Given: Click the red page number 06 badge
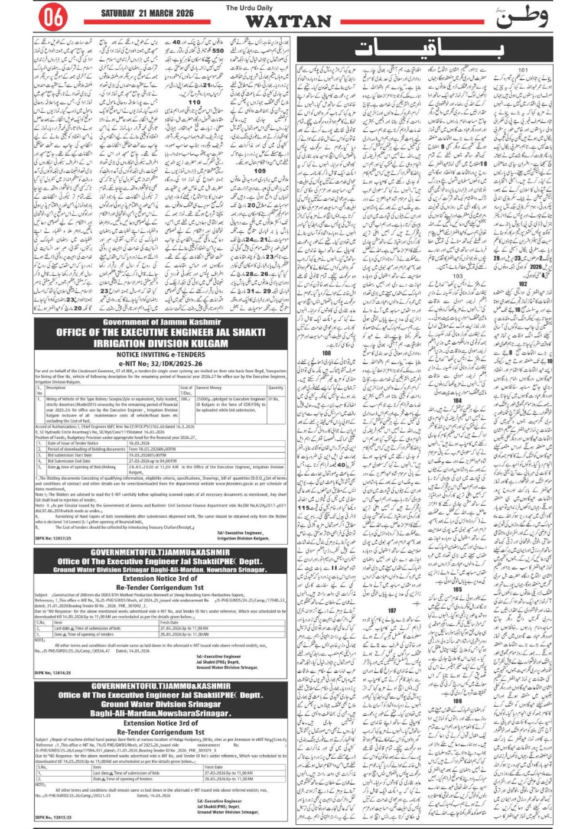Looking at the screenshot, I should tap(53, 18).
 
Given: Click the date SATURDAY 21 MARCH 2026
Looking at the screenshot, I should tap(148, 13).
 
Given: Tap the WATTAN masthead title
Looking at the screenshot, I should tap(288, 21).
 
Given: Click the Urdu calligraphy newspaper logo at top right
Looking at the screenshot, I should tap(522, 18).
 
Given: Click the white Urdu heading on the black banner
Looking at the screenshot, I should tap(429, 49).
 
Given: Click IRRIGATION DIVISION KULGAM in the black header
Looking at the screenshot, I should tap(161, 343).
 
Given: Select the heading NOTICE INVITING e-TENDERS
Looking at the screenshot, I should tap(161, 355).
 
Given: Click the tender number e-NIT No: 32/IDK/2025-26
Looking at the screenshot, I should tap(161, 364).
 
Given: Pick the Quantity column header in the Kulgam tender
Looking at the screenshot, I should tap(276, 388).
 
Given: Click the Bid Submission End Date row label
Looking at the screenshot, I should tap(77, 461).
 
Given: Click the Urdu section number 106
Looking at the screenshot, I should tap(458, 701).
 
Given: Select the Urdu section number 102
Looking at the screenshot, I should tap(523, 284).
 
